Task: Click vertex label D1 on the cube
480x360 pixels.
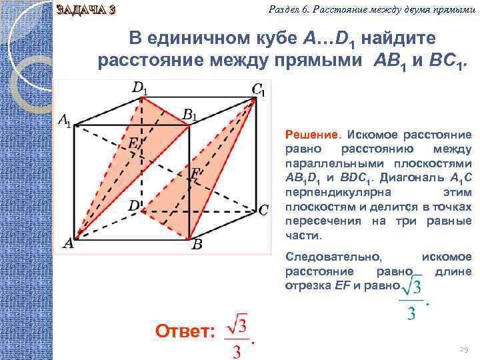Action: pyautogui.click(x=140, y=87)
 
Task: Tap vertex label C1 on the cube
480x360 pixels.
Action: pyautogui.click(x=258, y=89)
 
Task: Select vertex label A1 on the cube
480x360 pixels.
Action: pyautogui.click(x=64, y=121)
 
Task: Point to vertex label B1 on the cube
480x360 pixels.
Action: pyautogui.click(x=190, y=114)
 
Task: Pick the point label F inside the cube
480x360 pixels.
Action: pyautogui.click(x=195, y=174)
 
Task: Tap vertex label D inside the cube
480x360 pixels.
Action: pyautogui.click(x=133, y=206)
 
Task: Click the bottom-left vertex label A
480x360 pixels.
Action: pyautogui.click(x=68, y=244)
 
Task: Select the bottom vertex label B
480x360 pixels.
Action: pyautogui.click(x=197, y=245)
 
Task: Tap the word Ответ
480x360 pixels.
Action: pyautogui.click(x=184, y=332)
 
